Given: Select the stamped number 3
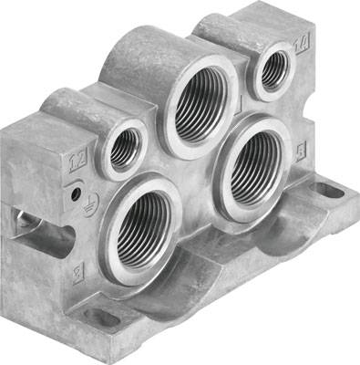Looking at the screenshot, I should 79,271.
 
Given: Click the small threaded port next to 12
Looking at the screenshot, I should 125,147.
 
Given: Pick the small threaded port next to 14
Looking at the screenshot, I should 272,68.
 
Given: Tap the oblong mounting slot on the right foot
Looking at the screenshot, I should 325,191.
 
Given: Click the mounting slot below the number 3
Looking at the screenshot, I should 103,318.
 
